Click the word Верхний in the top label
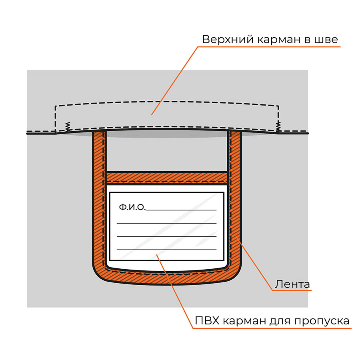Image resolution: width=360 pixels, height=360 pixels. pyautogui.click(x=228, y=40)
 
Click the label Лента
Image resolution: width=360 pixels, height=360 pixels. pyautogui.click(x=292, y=284)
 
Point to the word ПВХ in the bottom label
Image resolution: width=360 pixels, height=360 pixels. pyautogui.click(x=207, y=320)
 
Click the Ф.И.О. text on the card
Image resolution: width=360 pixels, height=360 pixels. pyautogui.click(x=132, y=207)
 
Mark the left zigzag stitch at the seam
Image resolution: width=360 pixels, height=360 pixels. pyautogui.click(x=68, y=127)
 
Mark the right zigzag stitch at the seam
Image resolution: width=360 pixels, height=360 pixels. pyautogui.click(x=278, y=126)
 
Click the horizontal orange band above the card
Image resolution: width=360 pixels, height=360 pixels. pyautogui.click(x=167, y=178)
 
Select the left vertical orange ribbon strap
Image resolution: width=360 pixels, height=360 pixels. pyautogui.click(x=99, y=198)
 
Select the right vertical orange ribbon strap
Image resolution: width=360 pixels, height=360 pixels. pyautogui.click(x=234, y=198)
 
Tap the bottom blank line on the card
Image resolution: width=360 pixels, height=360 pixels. pyautogui.click(x=167, y=249)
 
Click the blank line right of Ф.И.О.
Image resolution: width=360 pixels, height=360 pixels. pyautogui.click(x=181, y=210)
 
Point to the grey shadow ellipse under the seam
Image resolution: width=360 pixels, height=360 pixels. pyautogui.click(x=167, y=134)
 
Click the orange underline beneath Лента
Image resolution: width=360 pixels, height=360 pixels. pyautogui.click(x=292, y=290)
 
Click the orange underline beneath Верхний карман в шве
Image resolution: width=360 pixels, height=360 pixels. pyautogui.click(x=269, y=47)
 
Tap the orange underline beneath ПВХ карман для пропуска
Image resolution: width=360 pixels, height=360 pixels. pyautogui.click(x=272, y=328)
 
